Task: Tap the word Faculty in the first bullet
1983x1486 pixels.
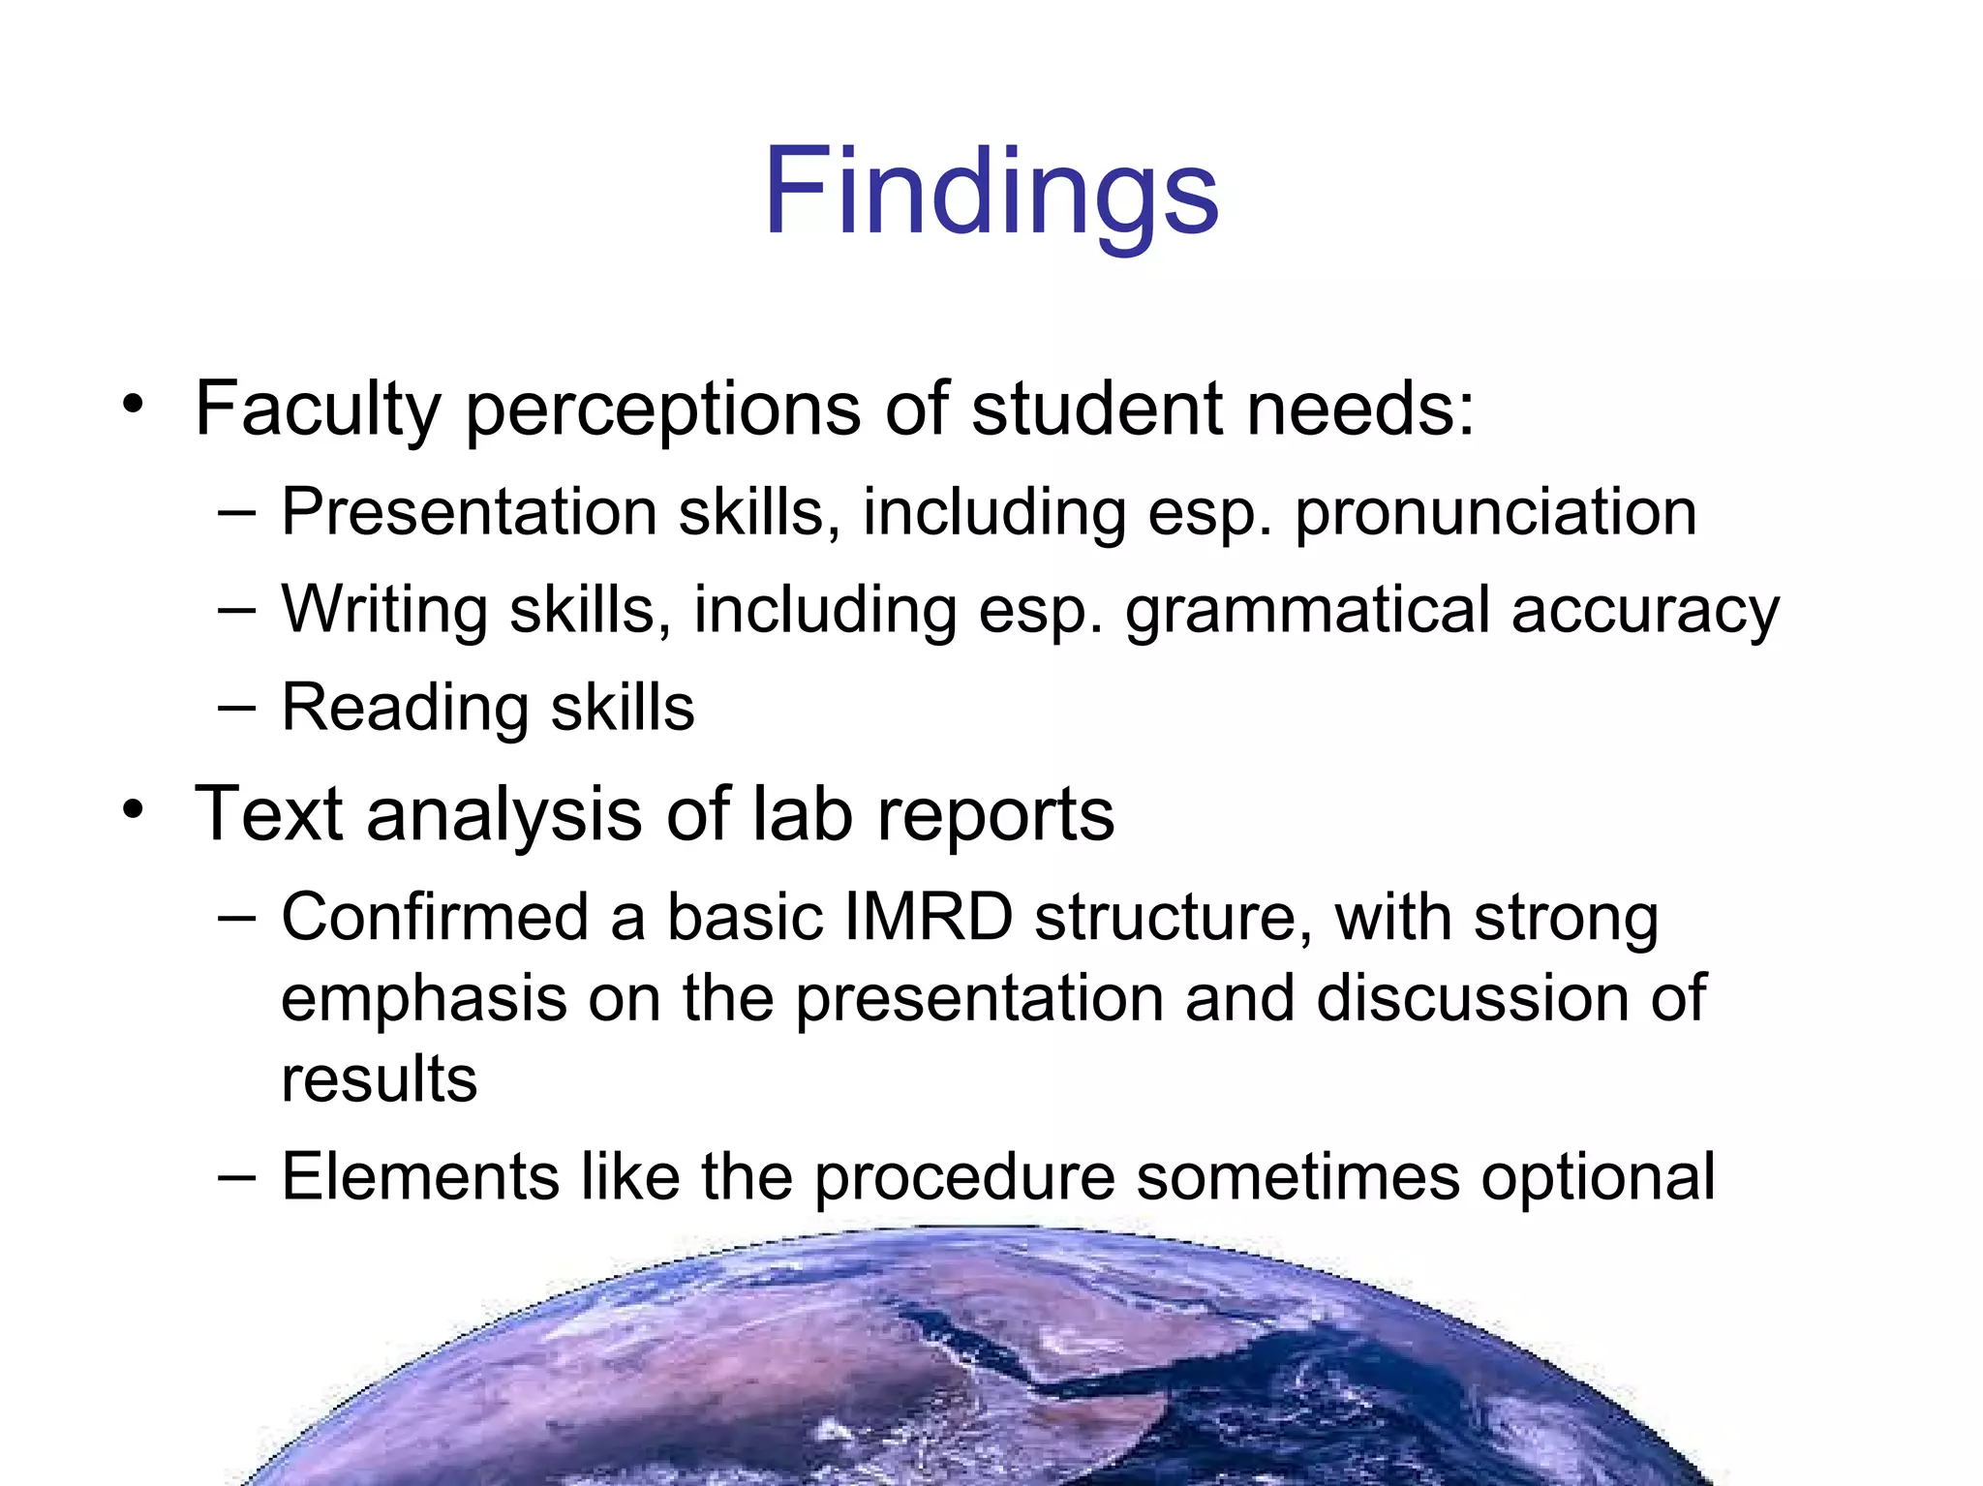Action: [x=318, y=410]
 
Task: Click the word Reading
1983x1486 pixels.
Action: [x=405, y=709]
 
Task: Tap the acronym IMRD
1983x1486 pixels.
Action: [x=928, y=917]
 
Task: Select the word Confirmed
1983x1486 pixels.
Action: [x=435, y=917]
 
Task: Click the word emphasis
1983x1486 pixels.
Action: [x=424, y=999]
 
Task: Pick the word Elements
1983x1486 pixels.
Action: [x=420, y=1177]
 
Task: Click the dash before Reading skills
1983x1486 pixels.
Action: [x=237, y=709]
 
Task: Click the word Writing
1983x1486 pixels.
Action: [x=384, y=612]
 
